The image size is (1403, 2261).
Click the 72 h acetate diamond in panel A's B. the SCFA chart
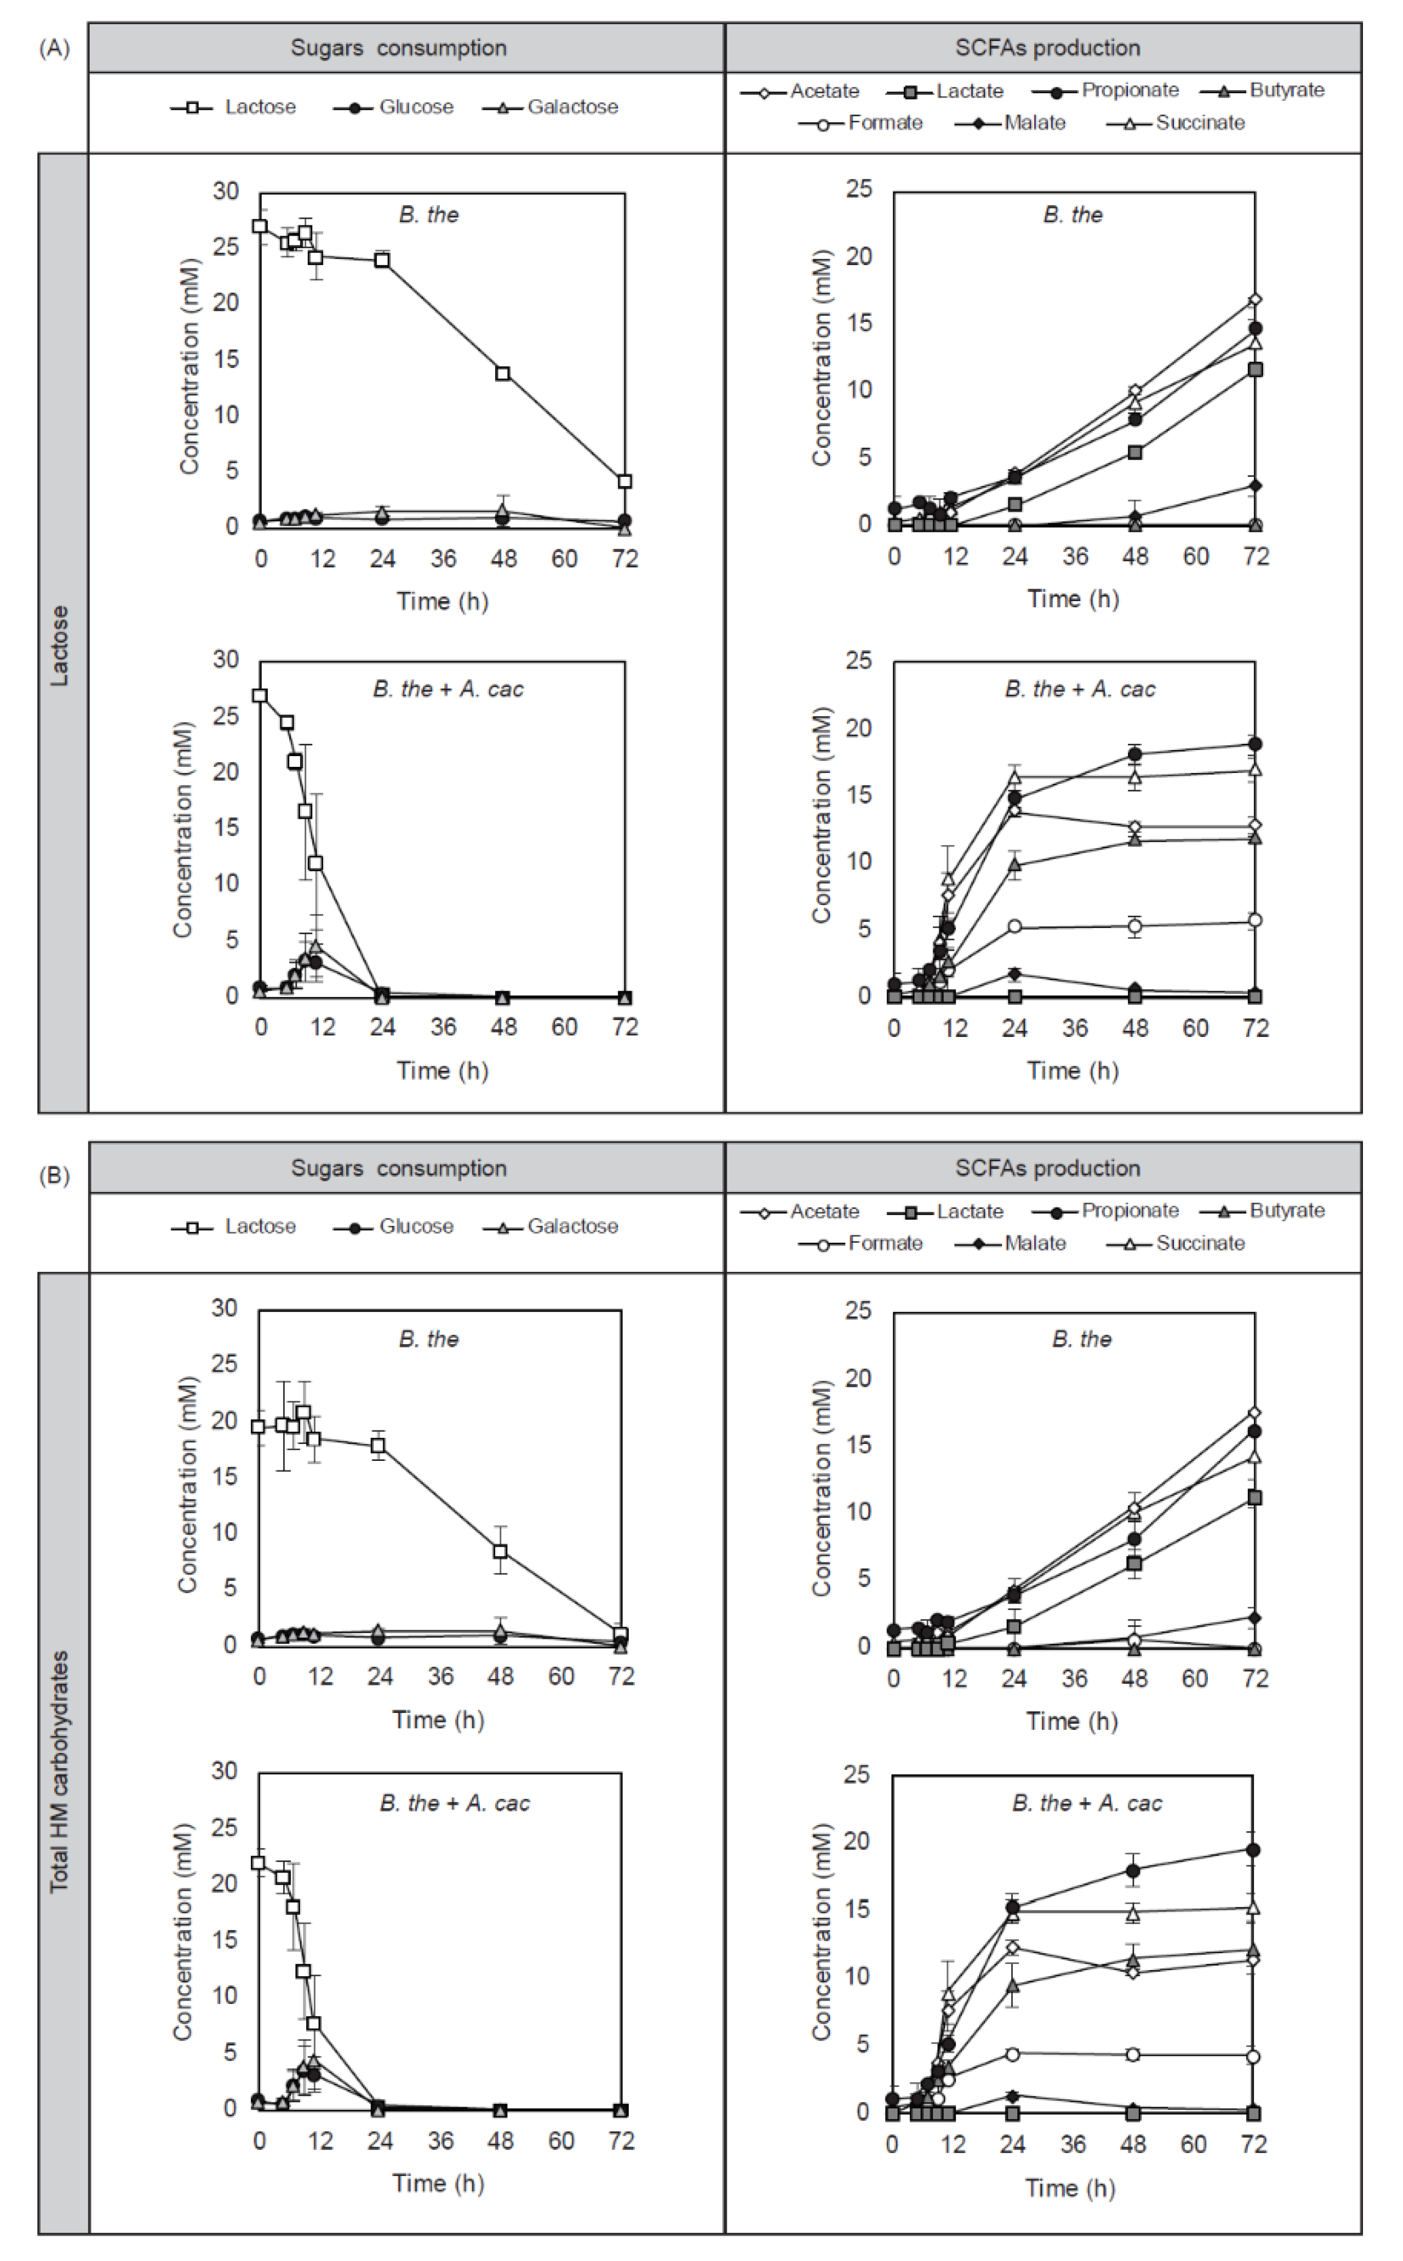pos(1255,299)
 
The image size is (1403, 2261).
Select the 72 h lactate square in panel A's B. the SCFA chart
pos(1255,369)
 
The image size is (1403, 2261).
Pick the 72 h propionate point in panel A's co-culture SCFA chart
pos(1255,744)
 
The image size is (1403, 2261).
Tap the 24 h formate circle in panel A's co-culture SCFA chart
pos(1014,927)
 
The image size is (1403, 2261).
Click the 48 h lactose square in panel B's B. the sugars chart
pos(500,1551)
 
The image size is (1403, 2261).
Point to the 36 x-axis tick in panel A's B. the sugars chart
pos(443,559)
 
